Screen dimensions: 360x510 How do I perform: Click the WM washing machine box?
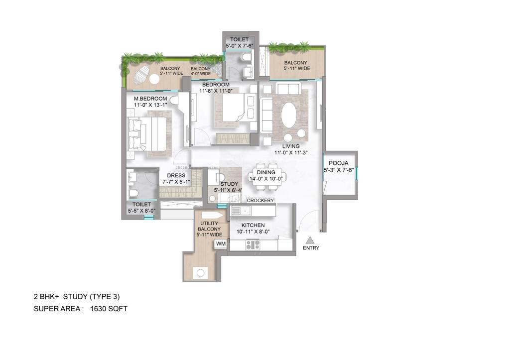[220, 244]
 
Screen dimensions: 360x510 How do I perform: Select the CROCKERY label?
[260, 200]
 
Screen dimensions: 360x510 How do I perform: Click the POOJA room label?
[338, 163]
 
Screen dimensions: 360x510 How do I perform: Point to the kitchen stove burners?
[253, 244]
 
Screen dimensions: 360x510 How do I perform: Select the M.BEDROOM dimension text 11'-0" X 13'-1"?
[149, 105]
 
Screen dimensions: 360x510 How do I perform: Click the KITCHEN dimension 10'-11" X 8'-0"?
[254, 232]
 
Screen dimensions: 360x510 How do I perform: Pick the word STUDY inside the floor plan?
[229, 184]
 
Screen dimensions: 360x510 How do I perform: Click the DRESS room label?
[176, 176]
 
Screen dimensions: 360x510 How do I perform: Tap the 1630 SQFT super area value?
[109, 309]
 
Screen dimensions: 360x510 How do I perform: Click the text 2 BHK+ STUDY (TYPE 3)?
[76, 297]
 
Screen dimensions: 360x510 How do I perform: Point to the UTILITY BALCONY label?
[209, 226]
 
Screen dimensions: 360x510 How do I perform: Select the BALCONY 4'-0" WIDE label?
[201, 71]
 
